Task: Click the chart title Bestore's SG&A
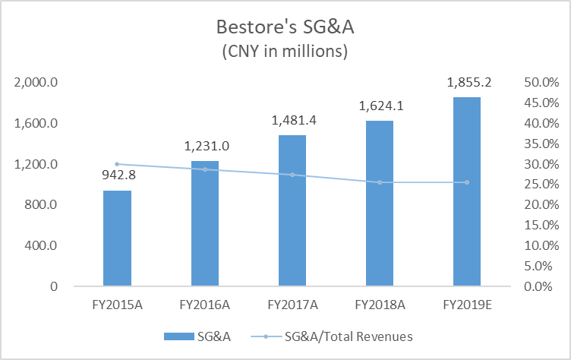(x=285, y=27)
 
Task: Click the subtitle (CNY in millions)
(x=285, y=52)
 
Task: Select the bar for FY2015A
(x=117, y=238)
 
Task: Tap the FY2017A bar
(x=292, y=210)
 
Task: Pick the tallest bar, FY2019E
(x=467, y=191)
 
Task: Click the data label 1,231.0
(x=207, y=146)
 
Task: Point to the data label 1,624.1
(x=381, y=106)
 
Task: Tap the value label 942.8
(x=118, y=175)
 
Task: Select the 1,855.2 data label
(x=469, y=82)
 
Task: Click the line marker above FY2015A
(x=117, y=164)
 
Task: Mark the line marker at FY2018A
(x=380, y=182)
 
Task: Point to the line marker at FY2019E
(x=467, y=182)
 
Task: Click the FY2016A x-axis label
(x=205, y=305)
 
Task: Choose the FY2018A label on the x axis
(x=380, y=305)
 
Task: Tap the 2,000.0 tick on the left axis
(x=36, y=82)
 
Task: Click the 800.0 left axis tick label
(x=41, y=205)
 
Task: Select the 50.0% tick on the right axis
(x=541, y=82)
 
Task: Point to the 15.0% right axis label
(x=541, y=225)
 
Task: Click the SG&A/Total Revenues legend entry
(x=332, y=336)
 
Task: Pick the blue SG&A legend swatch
(x=178, y=336)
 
